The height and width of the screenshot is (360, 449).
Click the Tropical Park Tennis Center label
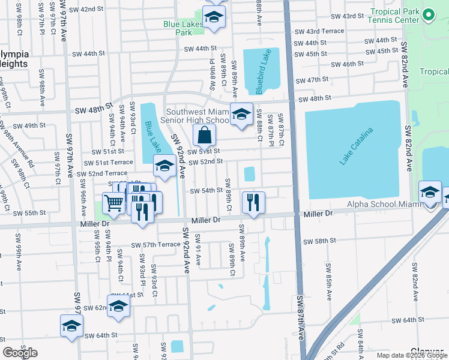[394, 16]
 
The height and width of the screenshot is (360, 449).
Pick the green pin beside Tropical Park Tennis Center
[429, 14]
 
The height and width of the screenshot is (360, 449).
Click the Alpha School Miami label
[383, 205]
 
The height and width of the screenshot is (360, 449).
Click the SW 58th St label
[320, 241]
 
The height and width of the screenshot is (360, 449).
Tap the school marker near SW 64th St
[71, 326]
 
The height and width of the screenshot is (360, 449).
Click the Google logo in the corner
[20, 352]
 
